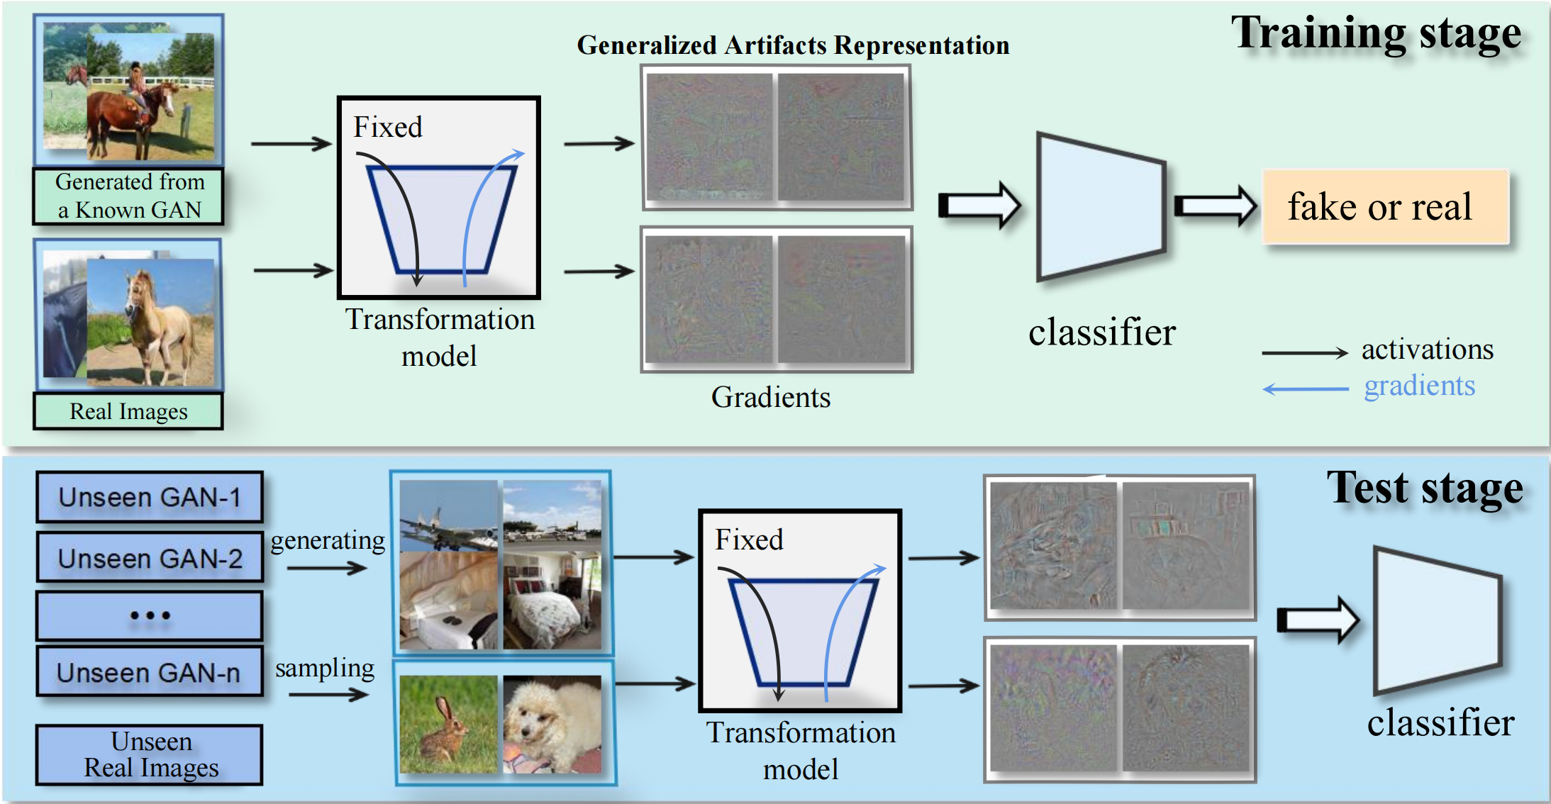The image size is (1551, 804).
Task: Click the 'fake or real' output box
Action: click(x=1384, y=207)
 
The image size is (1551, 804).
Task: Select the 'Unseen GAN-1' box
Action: click(x=150, y=497)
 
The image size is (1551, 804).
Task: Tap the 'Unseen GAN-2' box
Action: click(x=150, y=558)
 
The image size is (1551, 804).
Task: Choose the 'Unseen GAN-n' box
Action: click(x=150, y=671)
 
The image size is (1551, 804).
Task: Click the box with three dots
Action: click(x=150, y=615)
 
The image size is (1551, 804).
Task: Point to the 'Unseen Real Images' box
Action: click(x=150, y=755)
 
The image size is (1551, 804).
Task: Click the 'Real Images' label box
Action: click(x=128, y=411)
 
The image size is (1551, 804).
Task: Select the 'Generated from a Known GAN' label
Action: click(x=128, y=196)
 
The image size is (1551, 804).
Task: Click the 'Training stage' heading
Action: click(x=1375, y=34)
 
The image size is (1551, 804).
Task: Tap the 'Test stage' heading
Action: click(x=1424, y=488)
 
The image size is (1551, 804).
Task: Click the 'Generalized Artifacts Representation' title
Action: click(x=793, y=45)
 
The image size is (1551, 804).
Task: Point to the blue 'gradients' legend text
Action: click(x=1419, y=386)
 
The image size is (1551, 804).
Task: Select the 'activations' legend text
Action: click(x=1427, y=350)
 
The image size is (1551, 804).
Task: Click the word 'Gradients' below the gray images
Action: click(x=771, y=397)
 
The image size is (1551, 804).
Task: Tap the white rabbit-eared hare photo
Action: click(x=448, y=724)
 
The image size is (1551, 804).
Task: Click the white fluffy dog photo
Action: click(x=552, y=724)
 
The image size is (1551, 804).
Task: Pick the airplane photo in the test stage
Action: click(x=448, y=515)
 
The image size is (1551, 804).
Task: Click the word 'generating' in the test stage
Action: click(x=328, y=540)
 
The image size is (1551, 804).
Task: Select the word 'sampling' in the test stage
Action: click(x=325, y=668)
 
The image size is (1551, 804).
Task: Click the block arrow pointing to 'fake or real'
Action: click(x=1215, y=206)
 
